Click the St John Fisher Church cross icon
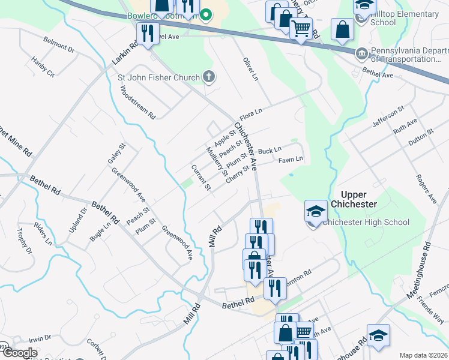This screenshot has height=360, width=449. point(208,76)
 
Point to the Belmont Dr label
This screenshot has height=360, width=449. point(58,44)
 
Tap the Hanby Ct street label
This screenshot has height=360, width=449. point(43,66)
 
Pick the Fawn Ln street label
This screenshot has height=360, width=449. point(291,160)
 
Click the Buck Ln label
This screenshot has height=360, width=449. point(270,150)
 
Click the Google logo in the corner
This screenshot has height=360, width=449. point(20,353)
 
